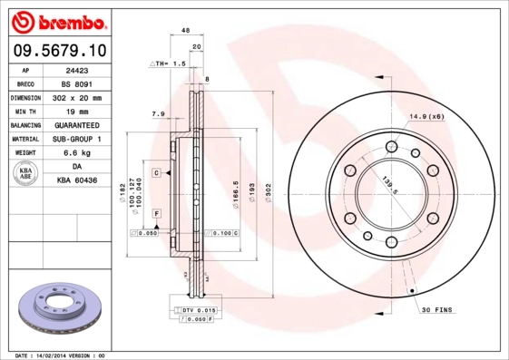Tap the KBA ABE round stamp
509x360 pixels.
pos(26,174)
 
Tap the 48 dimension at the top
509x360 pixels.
pos(185,31)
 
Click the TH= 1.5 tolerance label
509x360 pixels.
pos(168,65)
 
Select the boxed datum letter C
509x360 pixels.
pos(156,172)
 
